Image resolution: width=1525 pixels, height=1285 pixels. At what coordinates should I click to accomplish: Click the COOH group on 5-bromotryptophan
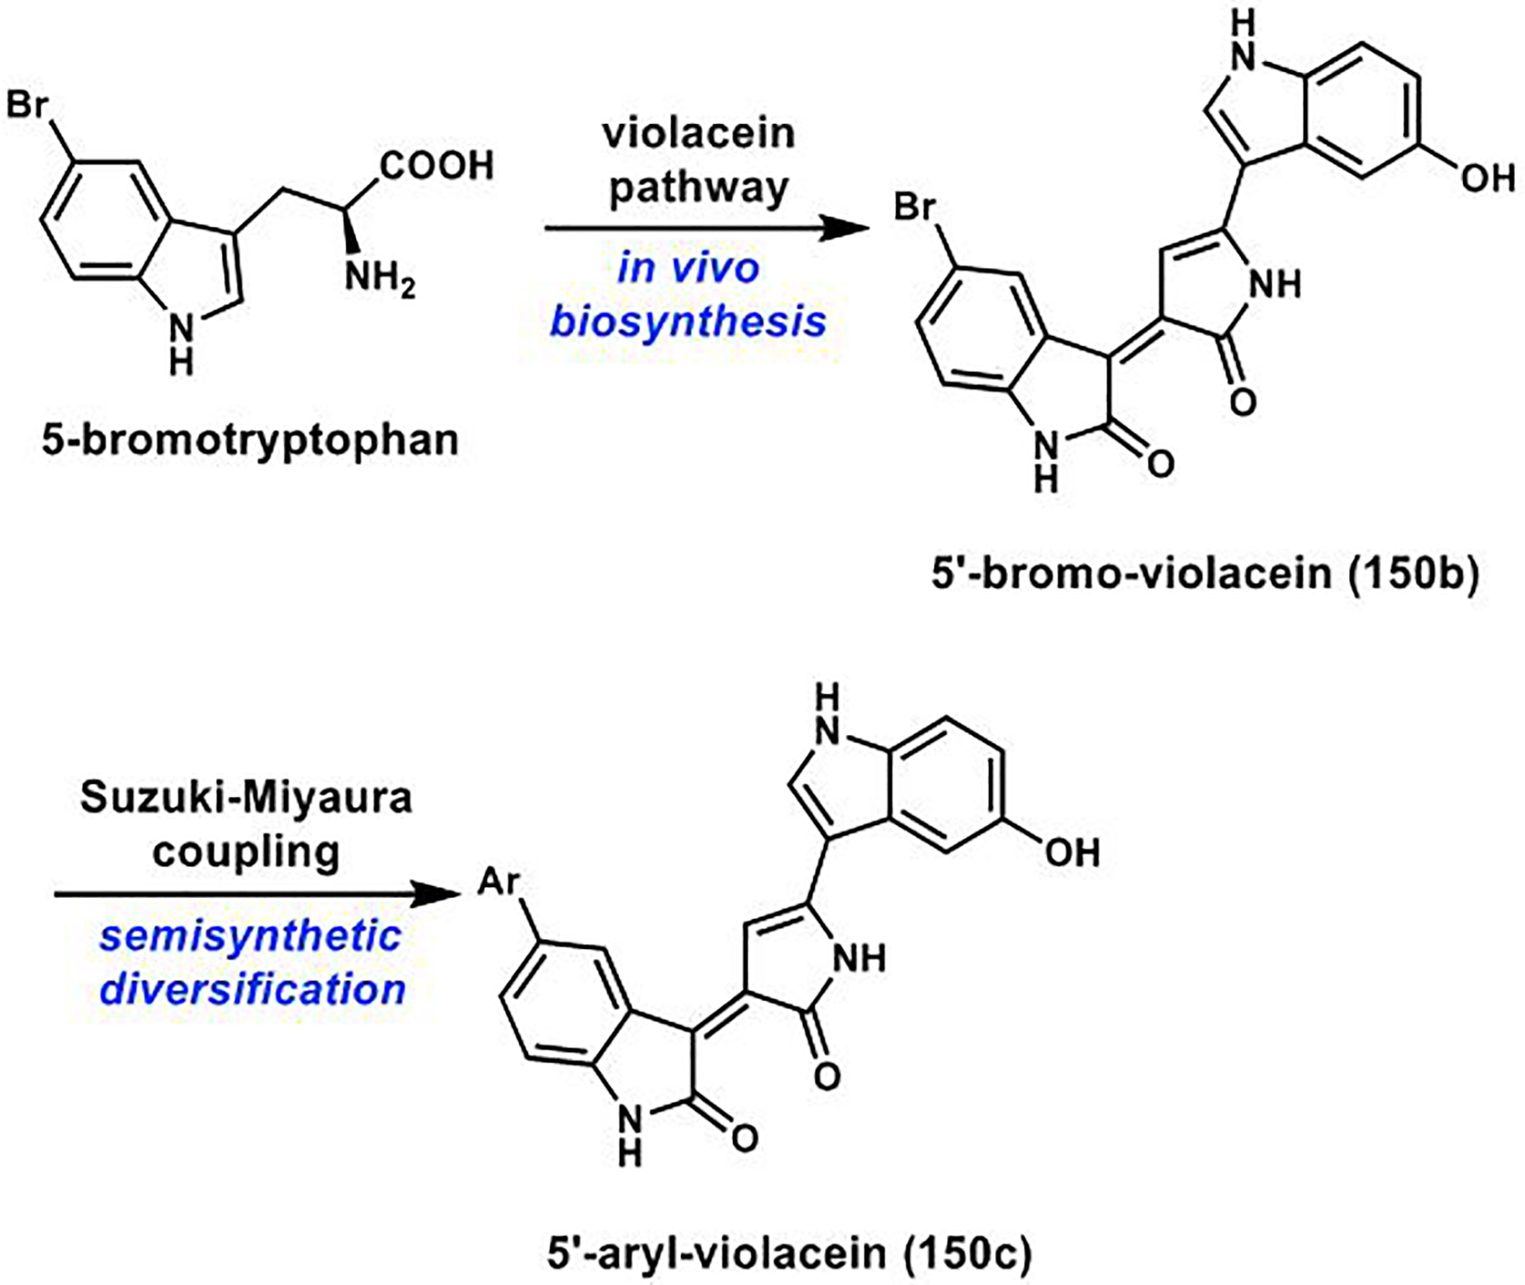pyautogui.click(x=437, y=166)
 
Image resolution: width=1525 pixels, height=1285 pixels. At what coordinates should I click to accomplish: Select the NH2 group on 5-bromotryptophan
pyautogui.click(x=379, y=277)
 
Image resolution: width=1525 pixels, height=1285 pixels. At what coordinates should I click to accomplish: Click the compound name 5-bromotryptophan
pyautogui.click(x=250, y=440)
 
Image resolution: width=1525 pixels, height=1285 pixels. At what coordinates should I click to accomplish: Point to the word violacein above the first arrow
pyautogui.click(x=699, y=133)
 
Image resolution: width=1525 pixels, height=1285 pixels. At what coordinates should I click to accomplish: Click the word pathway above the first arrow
pyautogui.click(x=699, y=188)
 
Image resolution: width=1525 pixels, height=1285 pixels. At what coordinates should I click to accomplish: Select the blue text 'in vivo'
pyautogui.click(x=688, y=268)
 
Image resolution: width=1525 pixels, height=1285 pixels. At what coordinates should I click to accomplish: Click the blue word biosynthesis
pyautogui.click(x=688, y=321)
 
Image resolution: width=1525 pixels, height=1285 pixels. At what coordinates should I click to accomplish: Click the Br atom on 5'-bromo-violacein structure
pyautogui.click(x=916, y=208)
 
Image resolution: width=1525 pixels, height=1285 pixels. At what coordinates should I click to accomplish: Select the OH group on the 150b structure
pyautogui.click(x=1487, y=178)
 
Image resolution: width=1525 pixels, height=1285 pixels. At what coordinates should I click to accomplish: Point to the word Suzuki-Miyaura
pyautogui.click(x=246, y=799)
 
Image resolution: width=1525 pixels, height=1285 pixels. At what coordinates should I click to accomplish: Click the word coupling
pyautogui.click(x=246, y=851)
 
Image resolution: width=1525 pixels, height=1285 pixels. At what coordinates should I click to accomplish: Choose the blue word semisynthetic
pyautogui.click(x=250, y=937)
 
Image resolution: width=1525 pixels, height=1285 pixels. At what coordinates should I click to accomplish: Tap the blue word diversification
pyautogui.click(x=252, y=989)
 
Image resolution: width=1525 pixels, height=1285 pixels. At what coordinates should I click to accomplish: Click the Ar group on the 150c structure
pyautogui.click(x=500, y=883)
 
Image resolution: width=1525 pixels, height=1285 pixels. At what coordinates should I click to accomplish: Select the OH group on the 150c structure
pyautogui.click(x=1072, y=853)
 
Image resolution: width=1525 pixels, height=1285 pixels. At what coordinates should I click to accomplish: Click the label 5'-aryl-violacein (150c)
pyautogui.click(x=789, y=1254)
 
